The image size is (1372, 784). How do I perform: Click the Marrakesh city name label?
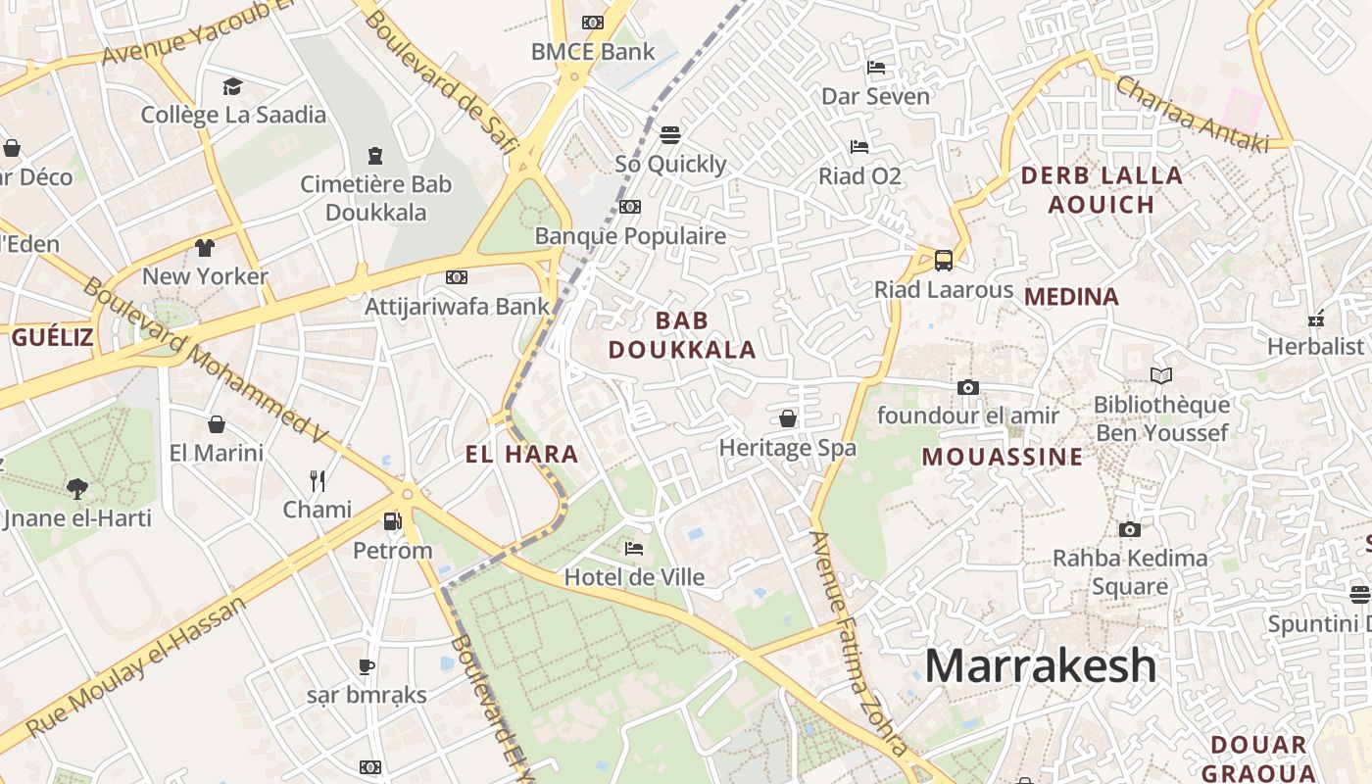[x=1040, y=666]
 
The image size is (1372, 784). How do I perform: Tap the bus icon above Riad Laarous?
[x=943, y=261]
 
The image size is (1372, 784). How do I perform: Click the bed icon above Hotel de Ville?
[x=634, y=548]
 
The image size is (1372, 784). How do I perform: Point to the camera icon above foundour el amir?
[x=967, y=387]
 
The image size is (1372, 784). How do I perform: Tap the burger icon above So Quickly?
[x=670, y=134]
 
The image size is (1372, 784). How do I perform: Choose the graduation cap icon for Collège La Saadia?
[x=232, y=86]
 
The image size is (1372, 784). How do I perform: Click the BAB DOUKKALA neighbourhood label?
[x=682, y=335]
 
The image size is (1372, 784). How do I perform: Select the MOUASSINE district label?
[x=1003, y=457]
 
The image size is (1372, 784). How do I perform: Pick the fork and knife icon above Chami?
[x=317, y=480]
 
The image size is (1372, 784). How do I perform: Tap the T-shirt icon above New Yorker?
[x=204, y=247]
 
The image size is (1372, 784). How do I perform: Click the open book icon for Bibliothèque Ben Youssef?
[x=1160, y=375]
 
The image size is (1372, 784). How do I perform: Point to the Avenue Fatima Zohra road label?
[x=848, y=642]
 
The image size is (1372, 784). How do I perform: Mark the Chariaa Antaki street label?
[x=1192, y=115]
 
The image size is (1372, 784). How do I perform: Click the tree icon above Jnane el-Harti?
[x=76, y=488]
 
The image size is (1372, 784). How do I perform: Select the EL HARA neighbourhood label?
[x=521, y=455]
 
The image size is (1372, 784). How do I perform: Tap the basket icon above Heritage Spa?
[x=787, y=419]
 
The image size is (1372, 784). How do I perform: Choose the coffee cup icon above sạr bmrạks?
[x=366, y=666]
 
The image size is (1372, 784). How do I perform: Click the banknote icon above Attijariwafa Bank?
[x=456, y=277]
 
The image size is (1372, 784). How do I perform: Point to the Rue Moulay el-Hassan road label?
[x=137, y=666]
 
